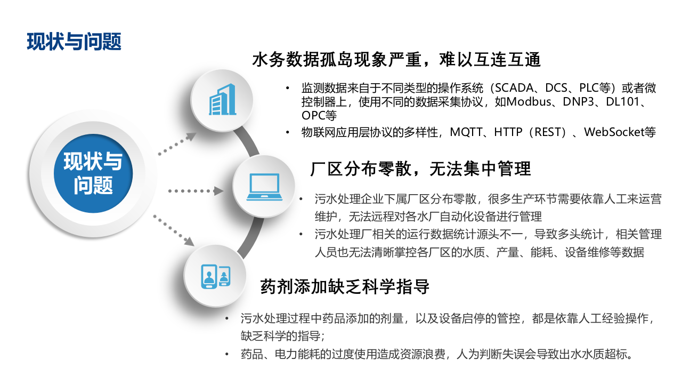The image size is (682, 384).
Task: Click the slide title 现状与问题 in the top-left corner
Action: pyautogui.click(x=74, y=42)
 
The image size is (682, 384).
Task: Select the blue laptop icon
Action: pyautogui.click(x=264, y=186)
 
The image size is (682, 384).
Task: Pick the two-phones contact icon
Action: pyautogui.click(x=215, y=276)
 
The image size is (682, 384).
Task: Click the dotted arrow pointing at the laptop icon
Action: pyautogui.click(x=195, y=190)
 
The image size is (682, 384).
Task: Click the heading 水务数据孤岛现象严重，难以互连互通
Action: pyautogui.click(x=396, y=59)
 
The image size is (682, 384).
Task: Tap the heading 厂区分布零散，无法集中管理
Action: pyautogui.click(x=420, y=169)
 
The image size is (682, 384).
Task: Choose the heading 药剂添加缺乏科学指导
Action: pyautogui.click(x=345, y=286)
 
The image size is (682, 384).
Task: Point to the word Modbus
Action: pyautogui.click(x=533, y=101)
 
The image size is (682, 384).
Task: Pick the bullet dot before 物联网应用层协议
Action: pyautogui.click(x=288, y=132)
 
